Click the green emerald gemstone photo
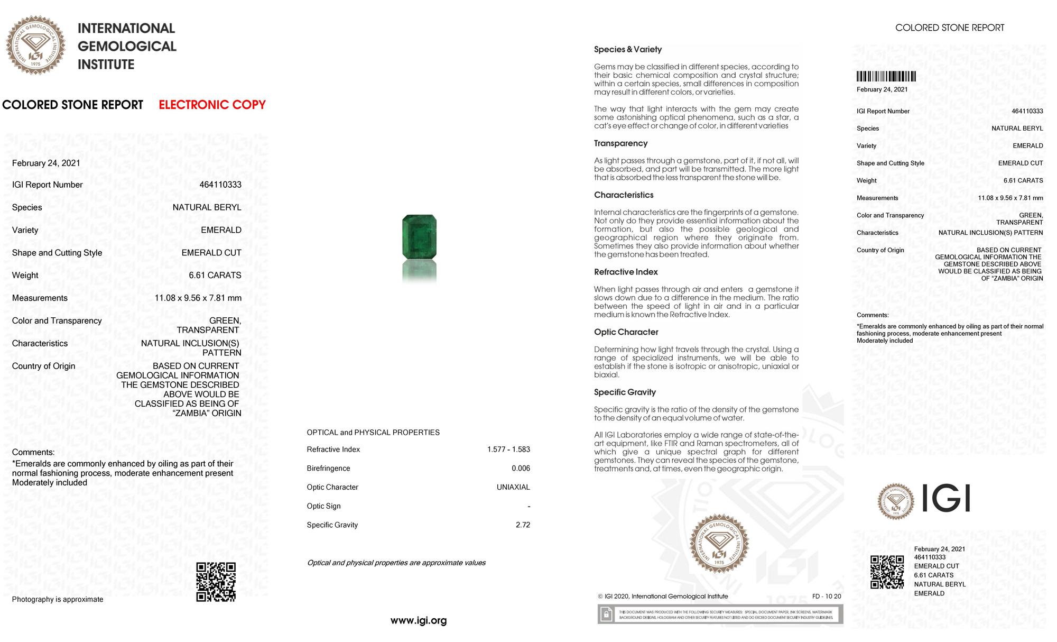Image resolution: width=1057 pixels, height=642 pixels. (419, 236)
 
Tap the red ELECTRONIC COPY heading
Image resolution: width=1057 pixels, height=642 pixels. (212, 105)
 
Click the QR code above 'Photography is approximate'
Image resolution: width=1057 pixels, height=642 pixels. (216, 582)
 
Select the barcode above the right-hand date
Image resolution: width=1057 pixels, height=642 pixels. (886, 76)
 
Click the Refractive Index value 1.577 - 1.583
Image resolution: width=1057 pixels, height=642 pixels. (508, 450)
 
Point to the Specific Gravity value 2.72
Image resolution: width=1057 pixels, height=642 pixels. (523, 525)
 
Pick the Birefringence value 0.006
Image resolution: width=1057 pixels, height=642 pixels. (521, 469)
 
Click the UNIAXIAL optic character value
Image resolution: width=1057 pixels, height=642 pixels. (513, 487)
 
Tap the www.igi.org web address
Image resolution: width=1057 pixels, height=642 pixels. (419, 620)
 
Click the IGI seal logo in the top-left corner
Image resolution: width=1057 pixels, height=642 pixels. (35, 45)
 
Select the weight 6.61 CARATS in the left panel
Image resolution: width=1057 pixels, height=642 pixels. (215, 276)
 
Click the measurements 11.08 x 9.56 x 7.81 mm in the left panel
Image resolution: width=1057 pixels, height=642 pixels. (198, 298)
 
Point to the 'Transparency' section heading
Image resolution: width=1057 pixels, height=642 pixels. (620, 143)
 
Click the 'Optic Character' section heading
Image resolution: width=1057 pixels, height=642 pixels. (626, 332)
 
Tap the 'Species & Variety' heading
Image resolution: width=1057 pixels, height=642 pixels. (627, 49)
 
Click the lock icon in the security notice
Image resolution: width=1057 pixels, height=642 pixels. (606, 614)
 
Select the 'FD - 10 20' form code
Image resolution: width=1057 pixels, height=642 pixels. (827, 597)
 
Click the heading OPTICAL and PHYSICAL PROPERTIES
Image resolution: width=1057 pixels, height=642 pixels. (373, 433)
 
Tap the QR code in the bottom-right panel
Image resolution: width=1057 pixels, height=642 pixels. (887, 572)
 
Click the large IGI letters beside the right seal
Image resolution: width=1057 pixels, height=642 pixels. (946, 499)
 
